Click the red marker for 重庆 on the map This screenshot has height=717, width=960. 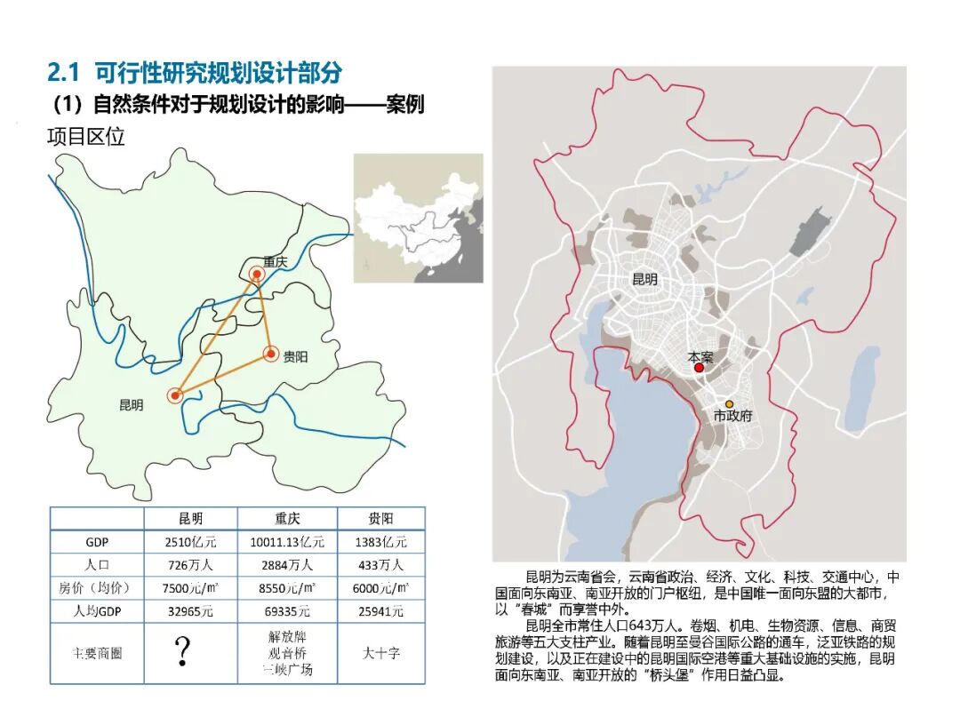pyautogui.click(x=257, y=275)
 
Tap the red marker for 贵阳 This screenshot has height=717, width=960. pyautogui.click(x=270, y=355)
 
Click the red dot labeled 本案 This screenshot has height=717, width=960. pyautogui.click(x=700, y=367)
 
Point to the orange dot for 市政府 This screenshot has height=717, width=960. pyautogui.click(x=729, y=404)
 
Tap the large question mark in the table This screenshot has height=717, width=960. pyautogui.click(x=183, y=650)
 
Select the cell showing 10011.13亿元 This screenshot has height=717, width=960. pyautogui.click(x=287, y=541)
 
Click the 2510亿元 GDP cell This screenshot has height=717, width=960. pyautogui.click(x=190, y=541)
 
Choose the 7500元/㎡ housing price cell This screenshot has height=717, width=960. pyautogui.click(x=190, y=587)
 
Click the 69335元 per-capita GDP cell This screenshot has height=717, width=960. pyautogui.click(x=287, y=610)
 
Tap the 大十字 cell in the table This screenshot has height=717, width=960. pyautogui.click(x=380, y=652)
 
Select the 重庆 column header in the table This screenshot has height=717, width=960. pyautogui.click(x=287, y=518)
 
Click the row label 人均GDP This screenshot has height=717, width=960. pyautogui.click(x=97, y=610)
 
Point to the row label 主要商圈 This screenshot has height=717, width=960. pyautogui.click(x=97, y=652)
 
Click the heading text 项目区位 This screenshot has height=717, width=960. pyautogui.click(x=85, y=137)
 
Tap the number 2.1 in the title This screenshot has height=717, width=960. pyautogui.click(x=64, y=72)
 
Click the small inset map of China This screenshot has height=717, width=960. pyautogui.click(x=418, y=218)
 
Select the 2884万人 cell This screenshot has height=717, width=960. pyautogui.click(x=287, y=564)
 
